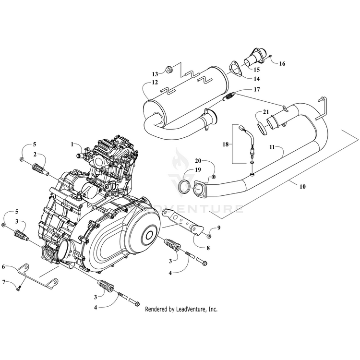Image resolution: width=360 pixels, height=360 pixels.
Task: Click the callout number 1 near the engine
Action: [x=72, y=144]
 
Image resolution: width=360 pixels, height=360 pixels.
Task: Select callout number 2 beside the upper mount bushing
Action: [x=35, y=154]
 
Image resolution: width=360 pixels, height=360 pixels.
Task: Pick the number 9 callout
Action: [x=219, y=228]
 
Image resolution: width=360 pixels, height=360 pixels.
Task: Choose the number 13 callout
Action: [x=155, y=74]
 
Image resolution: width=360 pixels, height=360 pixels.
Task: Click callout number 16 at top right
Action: [x=282, y=63]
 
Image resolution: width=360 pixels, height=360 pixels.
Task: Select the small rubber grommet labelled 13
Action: [x=169, y=71]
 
